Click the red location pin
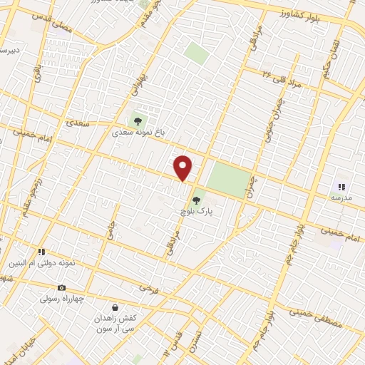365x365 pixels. (x=183, y=168)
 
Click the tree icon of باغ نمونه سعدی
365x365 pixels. (x=137, y=120)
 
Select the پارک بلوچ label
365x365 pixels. (x=197, y=212)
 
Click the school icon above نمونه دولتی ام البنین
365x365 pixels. (x=41, y=252)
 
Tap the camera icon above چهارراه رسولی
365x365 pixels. (x=61, y=287)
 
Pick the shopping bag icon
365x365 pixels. (x=114, y=308)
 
